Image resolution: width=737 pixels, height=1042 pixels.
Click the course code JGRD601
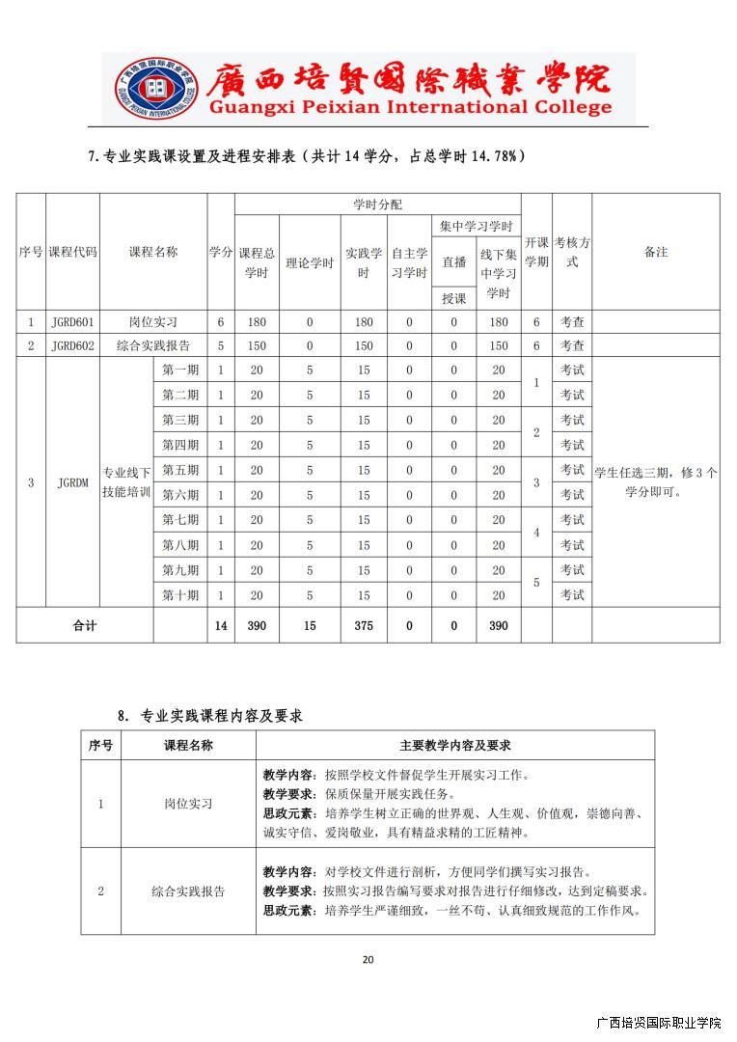coord(72,322)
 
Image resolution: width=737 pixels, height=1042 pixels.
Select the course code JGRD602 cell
coord(72,345)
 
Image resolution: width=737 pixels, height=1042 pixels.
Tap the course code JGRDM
coord(72,481)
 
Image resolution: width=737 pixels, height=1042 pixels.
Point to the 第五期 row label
coord(180,470)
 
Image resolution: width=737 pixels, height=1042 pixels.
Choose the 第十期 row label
coord(180,595)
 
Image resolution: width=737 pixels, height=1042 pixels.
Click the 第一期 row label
coord(180,370)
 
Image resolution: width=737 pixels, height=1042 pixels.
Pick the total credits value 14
coord(221,626)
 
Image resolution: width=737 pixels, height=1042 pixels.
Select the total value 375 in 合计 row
coord(364,626)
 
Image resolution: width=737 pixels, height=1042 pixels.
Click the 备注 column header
coord(655,252)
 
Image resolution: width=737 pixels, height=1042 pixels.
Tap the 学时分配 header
coord(377,205)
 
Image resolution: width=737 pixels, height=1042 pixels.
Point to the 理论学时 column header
coord(310,263)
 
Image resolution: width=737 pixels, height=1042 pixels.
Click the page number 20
coord(368,959)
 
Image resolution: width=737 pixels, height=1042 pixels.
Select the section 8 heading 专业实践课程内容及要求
coord(221,716)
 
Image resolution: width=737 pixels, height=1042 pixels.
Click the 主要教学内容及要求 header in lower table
coord(454,746)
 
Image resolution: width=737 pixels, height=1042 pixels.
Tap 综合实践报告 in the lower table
coord(188,891)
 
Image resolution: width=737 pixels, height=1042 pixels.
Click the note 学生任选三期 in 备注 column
coord(655,481)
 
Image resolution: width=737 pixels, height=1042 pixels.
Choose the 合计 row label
coord(85,626)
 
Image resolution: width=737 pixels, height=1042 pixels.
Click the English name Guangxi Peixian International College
coord(410,108)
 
